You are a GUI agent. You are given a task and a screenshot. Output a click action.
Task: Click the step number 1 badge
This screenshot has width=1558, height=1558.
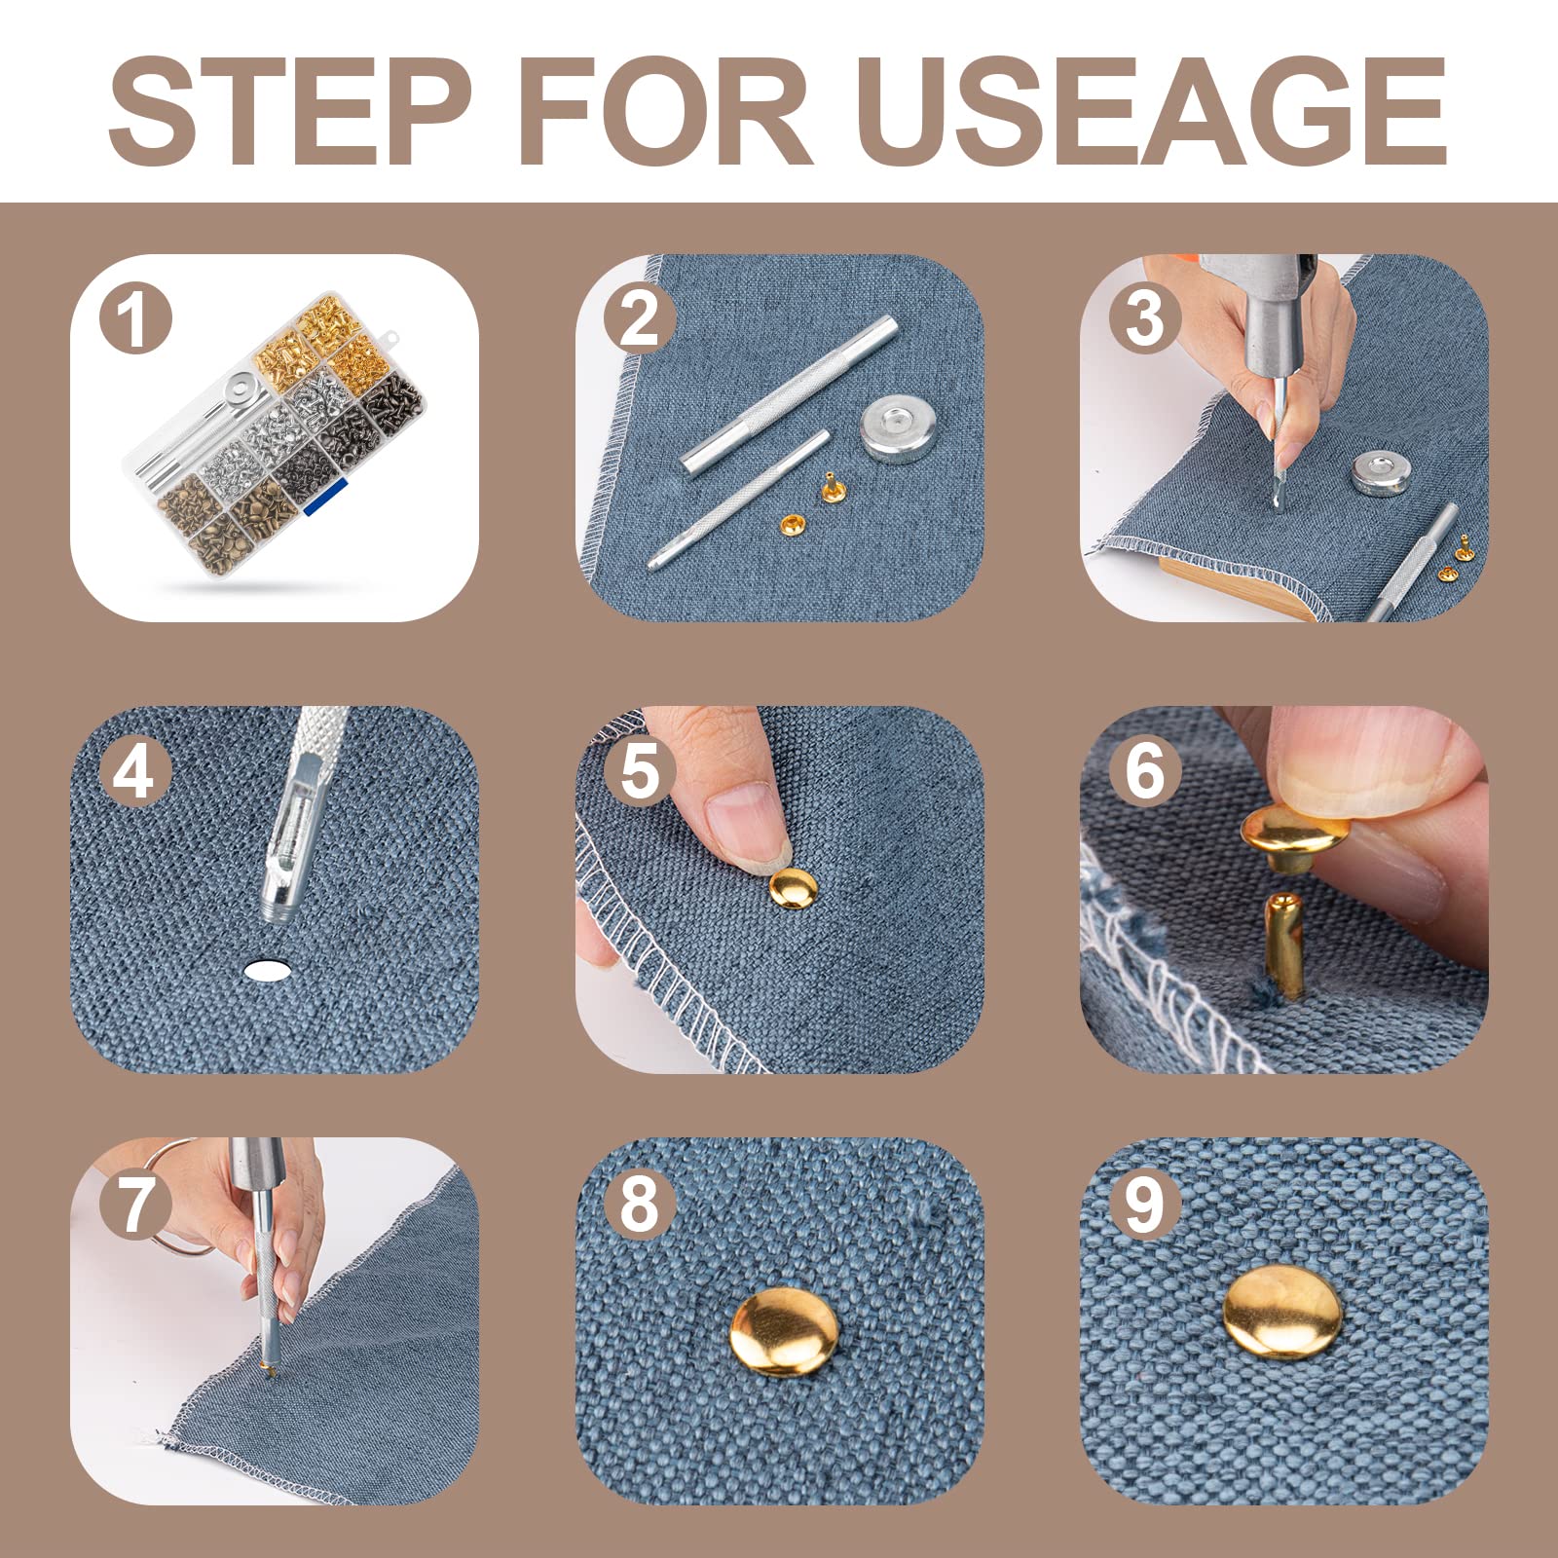(135, 318)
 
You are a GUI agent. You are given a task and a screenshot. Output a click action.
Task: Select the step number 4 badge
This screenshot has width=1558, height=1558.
(135, 772)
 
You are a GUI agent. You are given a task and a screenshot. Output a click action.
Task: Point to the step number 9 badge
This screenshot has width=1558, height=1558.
(1144, 1205)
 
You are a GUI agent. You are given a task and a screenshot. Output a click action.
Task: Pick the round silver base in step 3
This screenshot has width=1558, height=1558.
(1382, 473)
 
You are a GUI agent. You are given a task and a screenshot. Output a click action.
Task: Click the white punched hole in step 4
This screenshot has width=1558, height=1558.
(269, 969)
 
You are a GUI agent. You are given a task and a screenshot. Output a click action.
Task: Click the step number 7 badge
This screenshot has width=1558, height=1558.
(135, 1205)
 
